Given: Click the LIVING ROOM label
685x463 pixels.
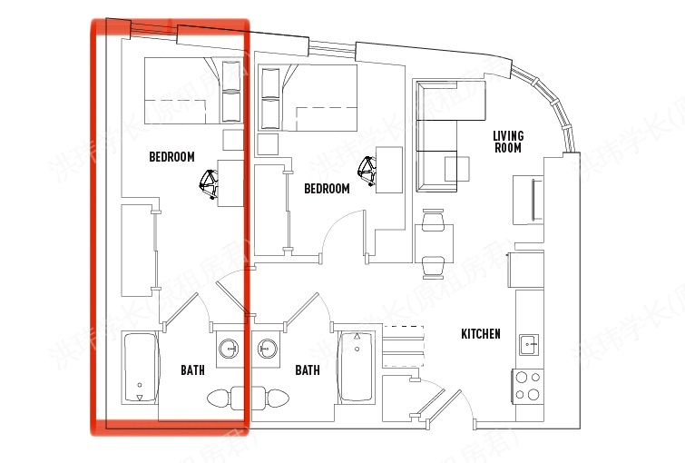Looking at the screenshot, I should click(507, 142).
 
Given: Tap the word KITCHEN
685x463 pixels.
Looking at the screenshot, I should click(481, 334).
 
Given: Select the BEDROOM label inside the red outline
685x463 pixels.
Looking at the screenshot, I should click(171, 157).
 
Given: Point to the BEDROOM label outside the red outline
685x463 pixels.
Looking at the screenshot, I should click(327, 189).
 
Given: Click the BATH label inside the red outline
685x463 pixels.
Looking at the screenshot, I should click(192, 370).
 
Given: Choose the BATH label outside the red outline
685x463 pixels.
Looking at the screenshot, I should click(308, 370).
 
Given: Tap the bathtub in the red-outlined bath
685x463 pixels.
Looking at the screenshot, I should click(140, 369).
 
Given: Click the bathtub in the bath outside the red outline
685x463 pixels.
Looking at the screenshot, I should click(356, 369).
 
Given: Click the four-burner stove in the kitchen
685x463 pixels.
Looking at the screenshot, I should click(528, 386).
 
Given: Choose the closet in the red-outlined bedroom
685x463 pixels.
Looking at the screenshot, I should click(137, 250).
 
